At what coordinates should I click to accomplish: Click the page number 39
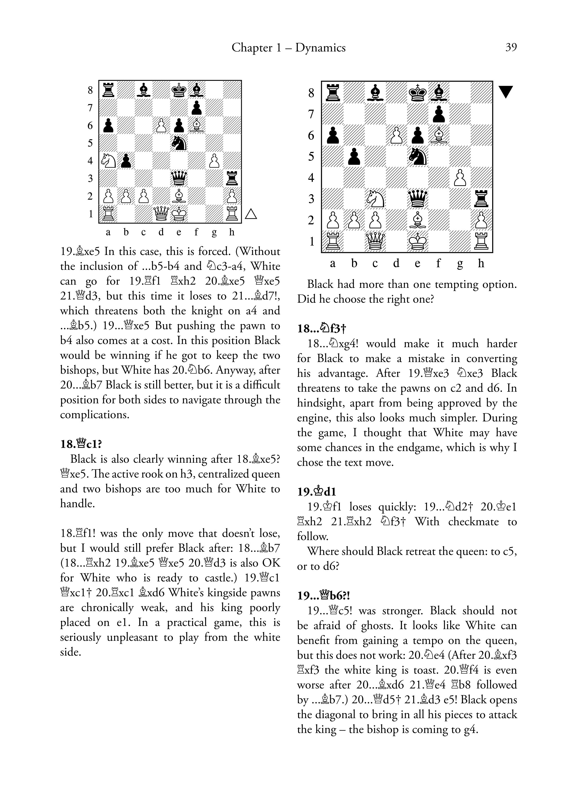point(511,47)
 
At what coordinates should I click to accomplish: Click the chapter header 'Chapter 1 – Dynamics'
point(288,47)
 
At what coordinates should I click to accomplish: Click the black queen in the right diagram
point(417,199)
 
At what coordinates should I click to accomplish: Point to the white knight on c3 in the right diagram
point(375,199)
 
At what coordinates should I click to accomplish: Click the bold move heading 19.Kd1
point(317,492)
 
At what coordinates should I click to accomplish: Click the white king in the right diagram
point(417,241)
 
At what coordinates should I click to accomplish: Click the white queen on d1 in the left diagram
point(161,213)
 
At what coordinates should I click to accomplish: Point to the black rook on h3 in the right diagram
point(481,199)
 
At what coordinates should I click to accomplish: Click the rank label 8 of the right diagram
point(311,93)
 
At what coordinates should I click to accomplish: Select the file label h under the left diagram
point(231,232)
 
